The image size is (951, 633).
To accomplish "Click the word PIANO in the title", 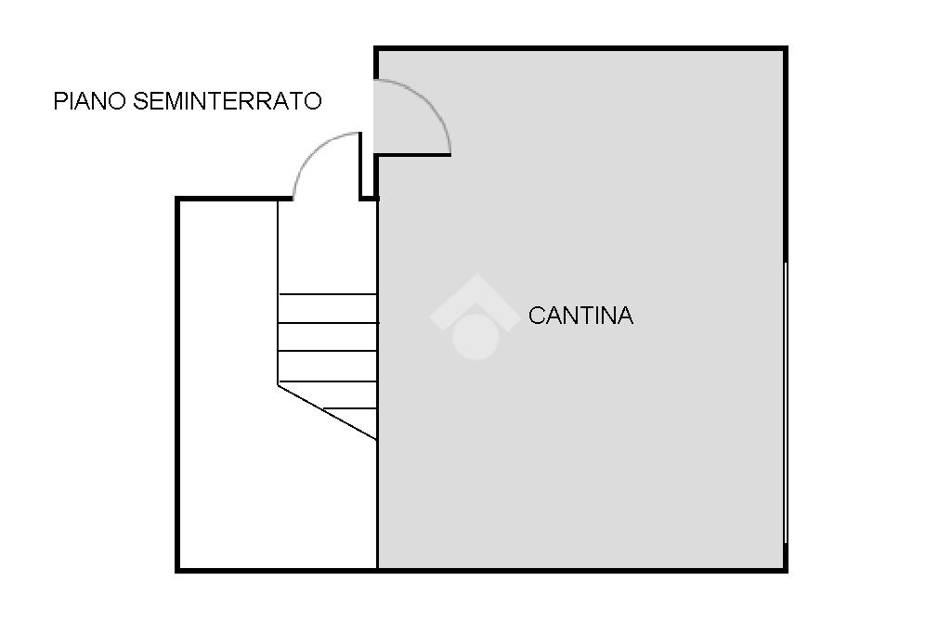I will point(90,101).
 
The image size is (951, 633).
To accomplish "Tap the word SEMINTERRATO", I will point(228,101).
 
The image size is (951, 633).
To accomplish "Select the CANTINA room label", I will point(580,316).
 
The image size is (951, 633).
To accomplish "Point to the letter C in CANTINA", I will point(536,316).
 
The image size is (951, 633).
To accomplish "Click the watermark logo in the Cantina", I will point(475,316).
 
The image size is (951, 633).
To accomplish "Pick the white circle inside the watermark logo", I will point(475,334).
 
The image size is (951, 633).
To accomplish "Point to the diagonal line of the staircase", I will point(327,412).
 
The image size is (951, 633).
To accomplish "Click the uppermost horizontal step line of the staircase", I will point(327,294).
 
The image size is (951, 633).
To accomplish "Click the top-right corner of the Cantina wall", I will point(785,49).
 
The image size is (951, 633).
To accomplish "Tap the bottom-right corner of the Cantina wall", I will point(785,569).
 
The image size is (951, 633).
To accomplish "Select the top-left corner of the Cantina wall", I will point(377,49).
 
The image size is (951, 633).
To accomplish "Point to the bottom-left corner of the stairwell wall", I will point(178,569).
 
